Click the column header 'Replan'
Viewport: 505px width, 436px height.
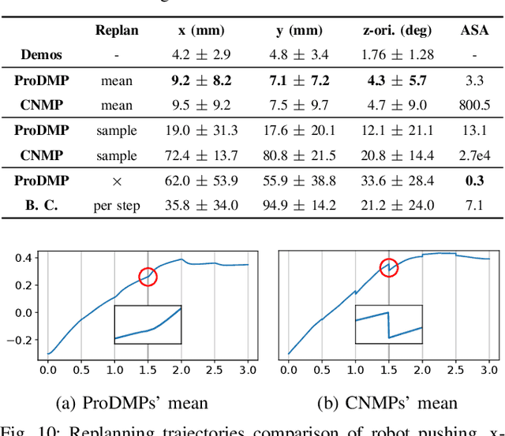117,32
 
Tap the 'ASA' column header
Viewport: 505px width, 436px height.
474,32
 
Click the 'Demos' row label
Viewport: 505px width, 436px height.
43,56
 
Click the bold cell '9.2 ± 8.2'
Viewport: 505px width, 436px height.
201,80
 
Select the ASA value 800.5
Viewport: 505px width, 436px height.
474,106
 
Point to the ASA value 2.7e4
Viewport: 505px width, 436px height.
474,155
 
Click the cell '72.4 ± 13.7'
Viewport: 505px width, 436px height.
201,155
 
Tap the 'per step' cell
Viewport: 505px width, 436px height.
117,206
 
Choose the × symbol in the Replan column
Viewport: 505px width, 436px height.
117,181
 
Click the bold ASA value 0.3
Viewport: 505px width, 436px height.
474,181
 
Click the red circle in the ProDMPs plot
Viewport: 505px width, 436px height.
148,277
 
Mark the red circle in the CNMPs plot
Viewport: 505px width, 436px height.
388,268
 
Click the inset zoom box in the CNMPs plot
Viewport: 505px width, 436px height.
388,324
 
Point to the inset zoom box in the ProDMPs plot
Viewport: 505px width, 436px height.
148,324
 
